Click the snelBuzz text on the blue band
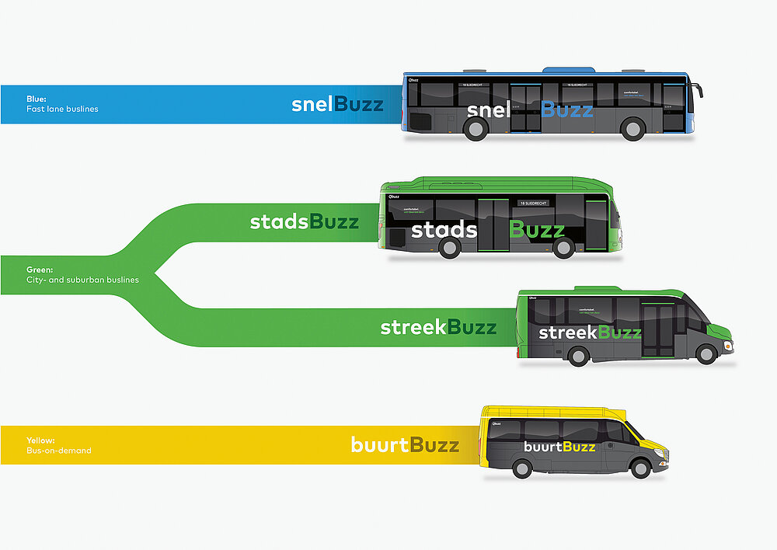coord(337,104)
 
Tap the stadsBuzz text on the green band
coord(304,222)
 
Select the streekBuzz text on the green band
coord(438,327)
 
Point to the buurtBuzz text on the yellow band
coord(405,445)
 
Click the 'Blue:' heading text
coord(37,99)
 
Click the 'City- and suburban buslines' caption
coord(82,280)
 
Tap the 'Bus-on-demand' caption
coord(59,451)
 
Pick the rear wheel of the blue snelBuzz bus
coord(476,129)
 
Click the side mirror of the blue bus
coord(699,90)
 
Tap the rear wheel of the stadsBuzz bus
coord(450,247)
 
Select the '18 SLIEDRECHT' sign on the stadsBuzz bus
coord(532,203)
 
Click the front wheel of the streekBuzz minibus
coord(706,354)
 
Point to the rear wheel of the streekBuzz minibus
coord(577,355)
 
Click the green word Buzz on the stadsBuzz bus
coord(537,230)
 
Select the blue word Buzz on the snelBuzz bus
coord(567,110)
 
